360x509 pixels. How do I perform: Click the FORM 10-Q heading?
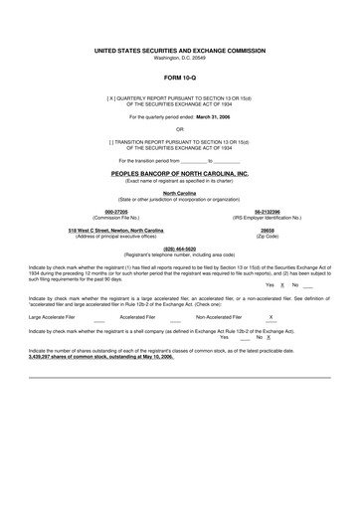(179, 76)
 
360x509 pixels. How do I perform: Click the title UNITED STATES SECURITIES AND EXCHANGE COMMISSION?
(179, 48)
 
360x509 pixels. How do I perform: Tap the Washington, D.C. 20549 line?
(179, 56)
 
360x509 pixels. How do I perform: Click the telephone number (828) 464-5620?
(179, 249)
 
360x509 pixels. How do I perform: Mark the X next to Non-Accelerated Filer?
(270, 317)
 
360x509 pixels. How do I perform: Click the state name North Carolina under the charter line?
(179, 193)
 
